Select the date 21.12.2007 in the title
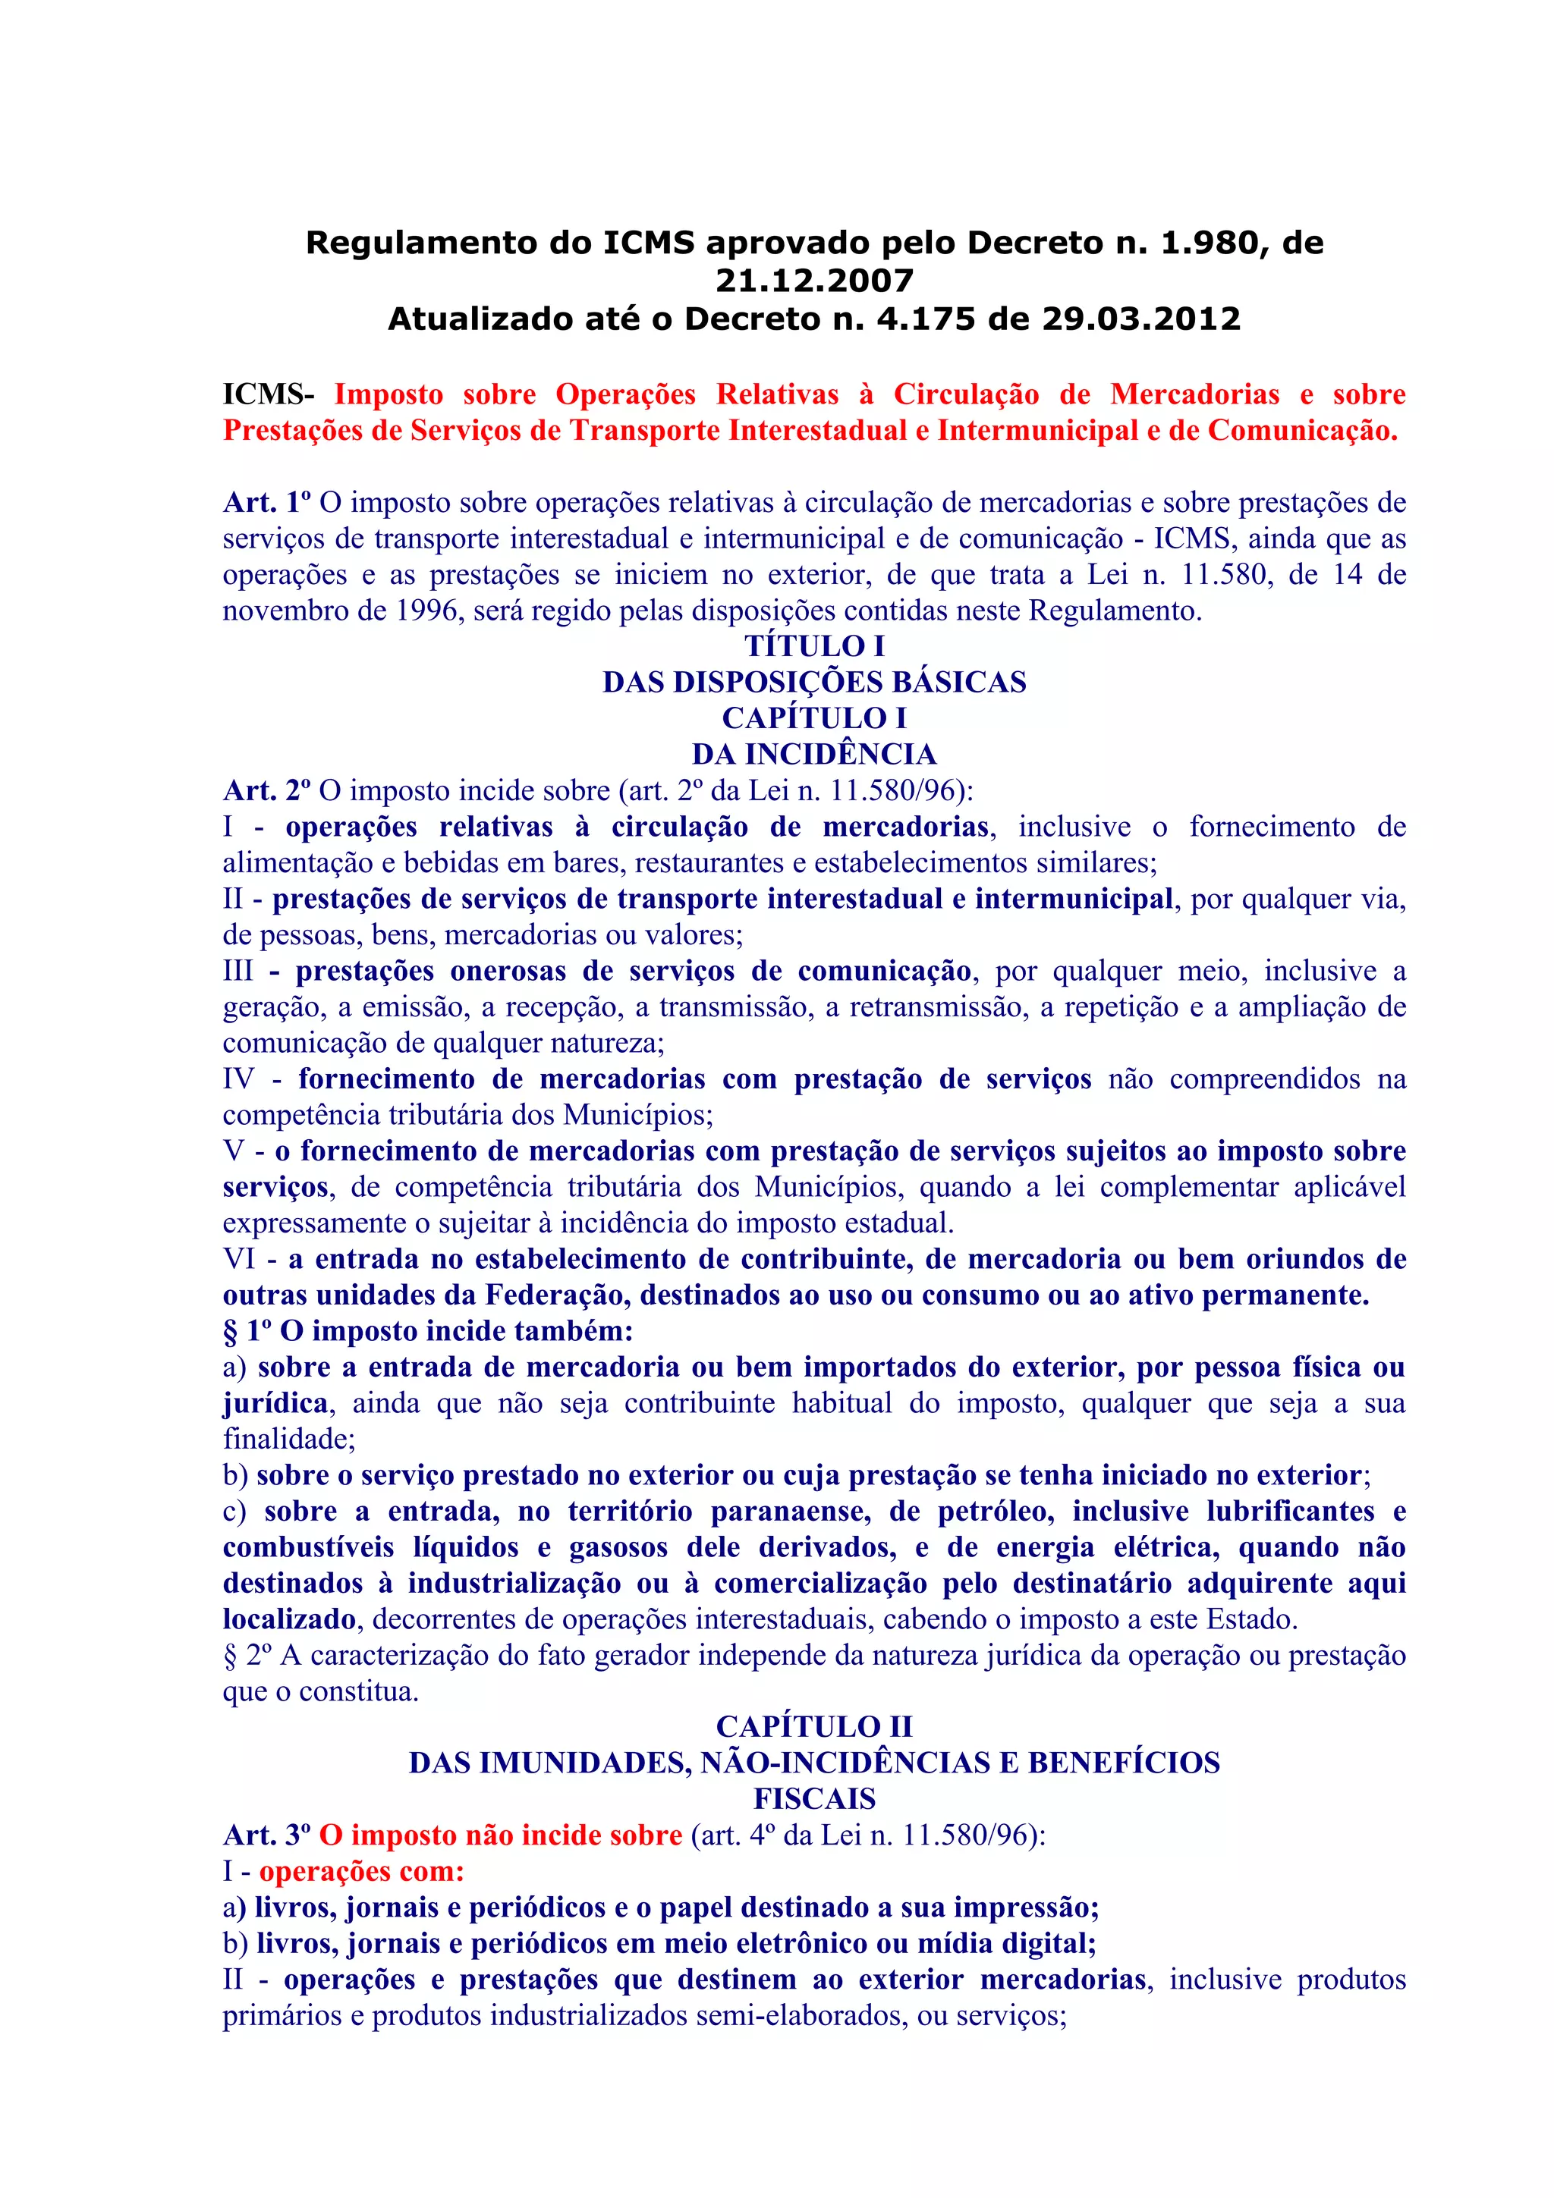point(814,281)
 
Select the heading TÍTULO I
point(814,646)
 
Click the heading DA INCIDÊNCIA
point(814,755)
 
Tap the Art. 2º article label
point(267,791)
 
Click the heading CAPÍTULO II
point(814,1727)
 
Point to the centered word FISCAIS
point(814,1799)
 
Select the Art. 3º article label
point(267,1835)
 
